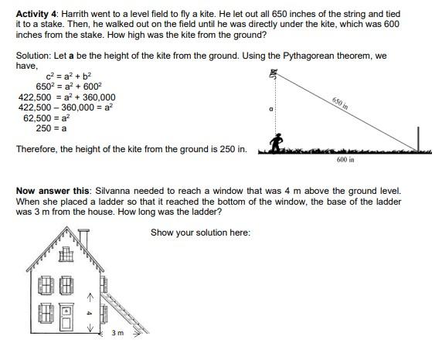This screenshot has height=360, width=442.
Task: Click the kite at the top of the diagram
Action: coord(273,74)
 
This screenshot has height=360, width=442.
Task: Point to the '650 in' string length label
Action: coord(340,104)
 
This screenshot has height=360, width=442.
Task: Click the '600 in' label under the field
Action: coord(345,160)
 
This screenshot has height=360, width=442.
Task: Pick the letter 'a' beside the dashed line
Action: coord(271,110)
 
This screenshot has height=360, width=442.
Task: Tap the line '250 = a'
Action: coord(51,129)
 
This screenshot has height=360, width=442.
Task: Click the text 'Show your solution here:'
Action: coord(200,233)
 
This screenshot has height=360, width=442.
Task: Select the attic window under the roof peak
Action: coord(68,253)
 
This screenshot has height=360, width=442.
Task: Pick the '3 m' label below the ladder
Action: coord(117,334)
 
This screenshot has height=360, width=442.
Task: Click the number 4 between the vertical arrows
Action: coord(90,313)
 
